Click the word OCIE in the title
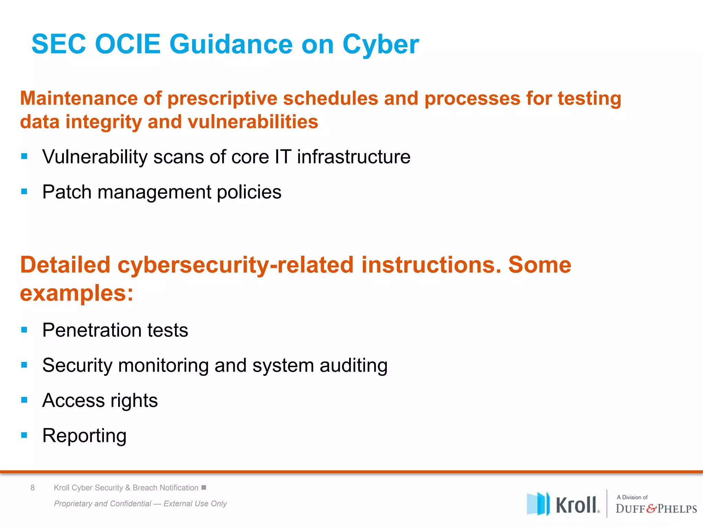coord(127,44)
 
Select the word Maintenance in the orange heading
coord(79,98)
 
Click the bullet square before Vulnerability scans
coord(24,156)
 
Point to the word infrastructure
coord(354,157)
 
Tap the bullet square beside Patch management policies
coord(24,191)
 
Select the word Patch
coord(67,192)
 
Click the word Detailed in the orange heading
coord(65,265)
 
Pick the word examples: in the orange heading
coord(76,294)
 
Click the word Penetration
coord(91,330)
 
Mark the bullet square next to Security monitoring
coord(24,365)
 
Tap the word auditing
coord(353,365)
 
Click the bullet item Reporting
coord(84,436)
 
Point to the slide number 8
coord(33,488)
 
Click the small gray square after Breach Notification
coord(204,488)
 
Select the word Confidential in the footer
coord(131,503)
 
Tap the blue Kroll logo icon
coord(538,504)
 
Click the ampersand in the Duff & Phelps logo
coord(651,508)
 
